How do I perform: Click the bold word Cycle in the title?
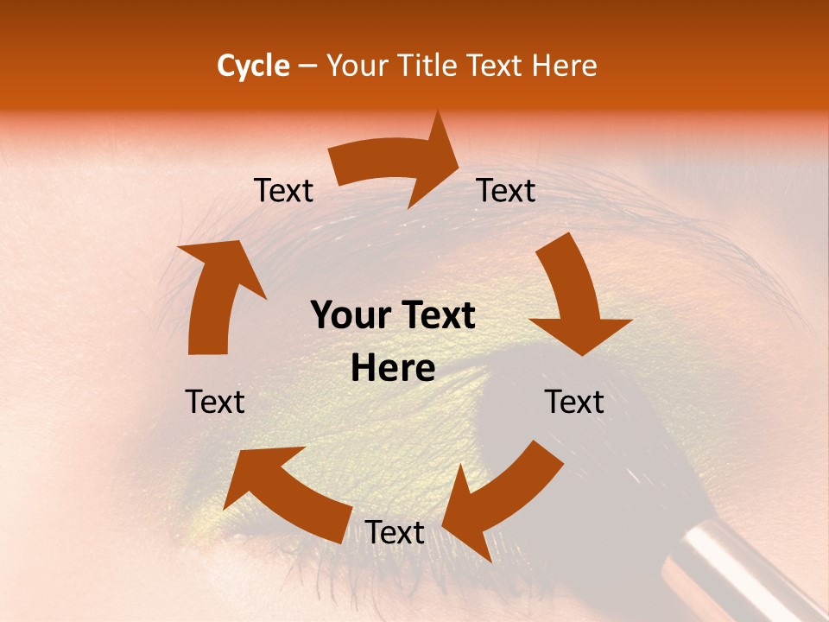point(253,66)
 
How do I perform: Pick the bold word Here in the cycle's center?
point(393,368)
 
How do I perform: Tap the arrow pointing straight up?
point(216,294)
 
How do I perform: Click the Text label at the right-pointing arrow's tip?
point(506,190)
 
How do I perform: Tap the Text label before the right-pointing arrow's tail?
point(283,190)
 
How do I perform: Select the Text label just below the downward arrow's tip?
point(574,402)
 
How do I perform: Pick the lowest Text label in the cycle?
point(395,532)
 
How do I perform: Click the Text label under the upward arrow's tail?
point(215,402)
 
